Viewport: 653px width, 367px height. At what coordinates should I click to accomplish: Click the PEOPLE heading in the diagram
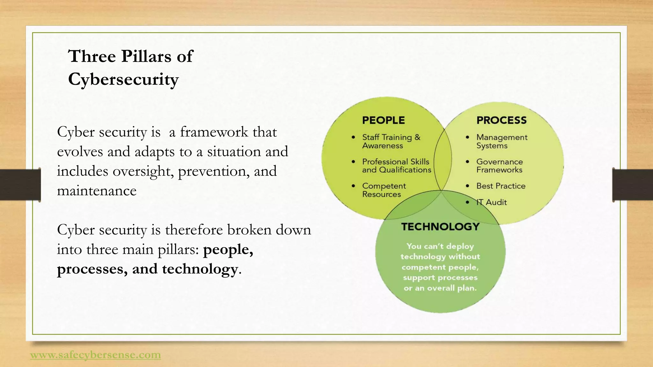tap(383, 120)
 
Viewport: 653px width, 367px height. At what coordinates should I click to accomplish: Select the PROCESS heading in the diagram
tap(501, 120)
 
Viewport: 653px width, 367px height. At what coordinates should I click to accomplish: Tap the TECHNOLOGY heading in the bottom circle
tap(440, 227)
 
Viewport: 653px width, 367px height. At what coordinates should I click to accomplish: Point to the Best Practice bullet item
tap(501, 186)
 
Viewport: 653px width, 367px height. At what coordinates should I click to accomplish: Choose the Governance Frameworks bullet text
tap(499, 166)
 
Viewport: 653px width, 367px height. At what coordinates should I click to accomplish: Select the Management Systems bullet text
tap(502, 141)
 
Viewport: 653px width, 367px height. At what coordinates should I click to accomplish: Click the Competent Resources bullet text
tap(384, 190)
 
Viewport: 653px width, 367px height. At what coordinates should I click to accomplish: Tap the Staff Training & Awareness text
tap(391, 141)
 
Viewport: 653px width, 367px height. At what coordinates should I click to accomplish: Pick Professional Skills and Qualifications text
tap(396, 166)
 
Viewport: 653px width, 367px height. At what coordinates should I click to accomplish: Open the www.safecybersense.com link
tap(95, 355)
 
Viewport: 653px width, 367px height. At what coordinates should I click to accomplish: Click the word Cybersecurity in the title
tap(123, 79)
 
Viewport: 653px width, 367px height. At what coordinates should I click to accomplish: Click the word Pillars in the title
tap(146, 56)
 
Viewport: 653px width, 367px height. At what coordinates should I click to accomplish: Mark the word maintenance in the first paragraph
tap(97, 191)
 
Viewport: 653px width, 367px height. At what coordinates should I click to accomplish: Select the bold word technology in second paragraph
tap(200, 269)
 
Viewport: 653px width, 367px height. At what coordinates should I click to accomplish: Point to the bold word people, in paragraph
tap(228, 249)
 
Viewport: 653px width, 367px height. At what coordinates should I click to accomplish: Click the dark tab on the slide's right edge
tap(632, 185)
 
